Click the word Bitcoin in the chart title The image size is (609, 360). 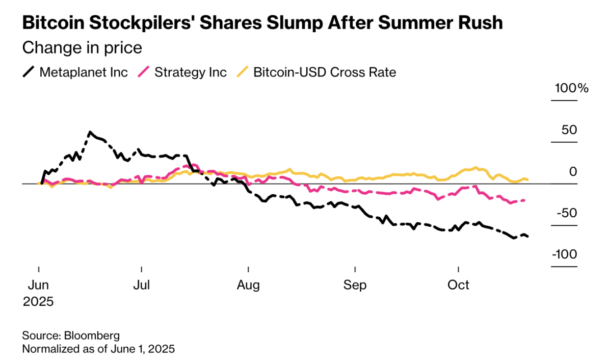[55, 23]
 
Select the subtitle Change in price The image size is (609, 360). [82, 48]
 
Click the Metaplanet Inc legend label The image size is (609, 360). [83, 72]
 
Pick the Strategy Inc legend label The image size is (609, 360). [190, 72]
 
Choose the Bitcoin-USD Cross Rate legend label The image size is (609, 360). [325, 72]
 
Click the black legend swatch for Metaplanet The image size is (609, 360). [29, 72]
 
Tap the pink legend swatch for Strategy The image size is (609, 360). [144, 72]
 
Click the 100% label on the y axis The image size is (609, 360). [571, 88]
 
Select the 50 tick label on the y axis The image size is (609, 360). [569, 130]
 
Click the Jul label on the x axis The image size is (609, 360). [141, 285]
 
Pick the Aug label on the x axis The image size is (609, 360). [248, 285]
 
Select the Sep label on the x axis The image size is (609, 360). [355, 285]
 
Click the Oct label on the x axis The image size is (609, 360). [458, 285]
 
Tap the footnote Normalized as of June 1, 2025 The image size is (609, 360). [98, 349]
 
